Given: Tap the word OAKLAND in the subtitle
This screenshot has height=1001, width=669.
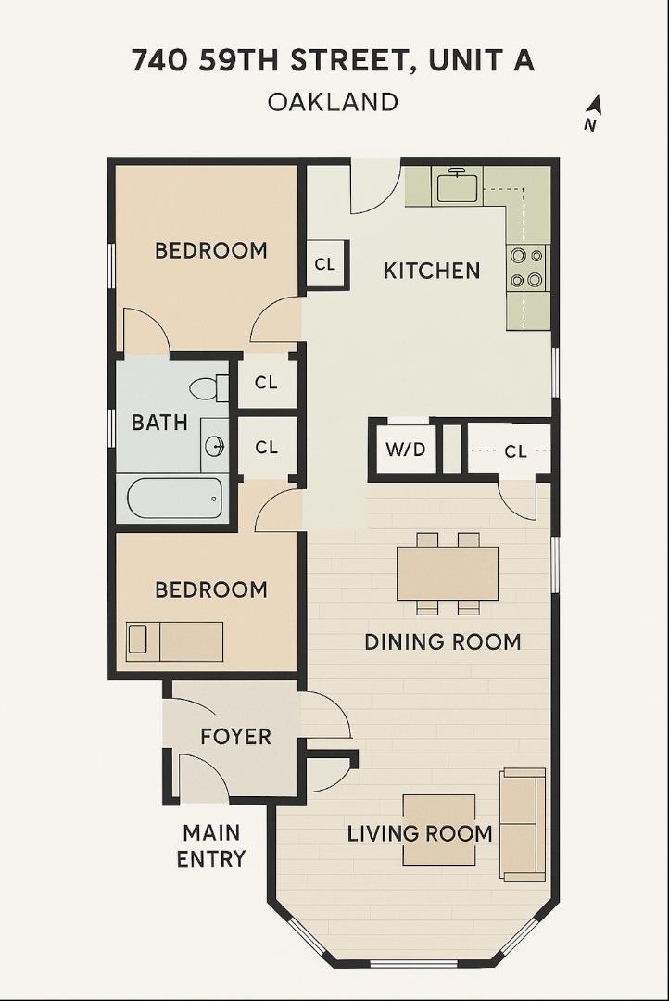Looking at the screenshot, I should [x=334, y=101].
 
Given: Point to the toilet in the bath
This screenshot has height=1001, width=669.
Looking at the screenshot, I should [x=208, y=387].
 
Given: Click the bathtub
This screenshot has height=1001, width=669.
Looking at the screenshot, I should [x=174, y=499].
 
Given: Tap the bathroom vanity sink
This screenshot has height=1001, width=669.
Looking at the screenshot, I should [x=214, y=448].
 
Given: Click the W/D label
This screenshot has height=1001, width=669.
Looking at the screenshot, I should [x=405, y=450].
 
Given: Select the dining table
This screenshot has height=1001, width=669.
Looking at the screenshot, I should [x=448, y=573].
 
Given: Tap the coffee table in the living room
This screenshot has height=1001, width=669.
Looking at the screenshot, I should [x=438, y=830].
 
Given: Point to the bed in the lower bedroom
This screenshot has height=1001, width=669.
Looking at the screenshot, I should [x=175, y=640].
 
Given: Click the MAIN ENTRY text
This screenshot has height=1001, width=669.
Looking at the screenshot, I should [x=211, y=845].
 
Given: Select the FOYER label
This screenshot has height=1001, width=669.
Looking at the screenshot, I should [x=235, y=737].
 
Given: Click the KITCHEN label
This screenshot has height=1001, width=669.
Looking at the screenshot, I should [x=432, y=271].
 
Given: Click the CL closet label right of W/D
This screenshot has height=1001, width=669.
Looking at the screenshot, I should [x=515, y=451].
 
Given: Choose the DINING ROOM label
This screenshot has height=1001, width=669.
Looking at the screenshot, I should [x=442, y=641].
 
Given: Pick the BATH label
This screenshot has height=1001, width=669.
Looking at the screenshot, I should [x=159, y=423].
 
